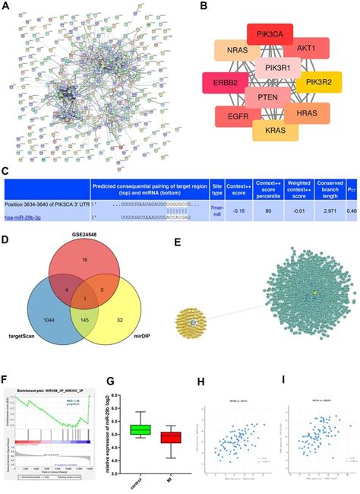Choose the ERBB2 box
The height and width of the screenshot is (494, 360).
(x=225, y=83)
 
